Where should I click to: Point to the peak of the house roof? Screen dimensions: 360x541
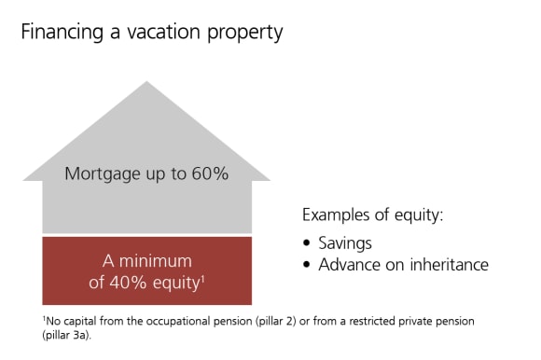pos(146,83)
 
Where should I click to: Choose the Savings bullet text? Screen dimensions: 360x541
pos(346,242)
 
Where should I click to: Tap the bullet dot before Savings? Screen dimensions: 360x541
pos(308,242)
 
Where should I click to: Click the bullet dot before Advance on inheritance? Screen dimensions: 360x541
pos(308,265)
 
